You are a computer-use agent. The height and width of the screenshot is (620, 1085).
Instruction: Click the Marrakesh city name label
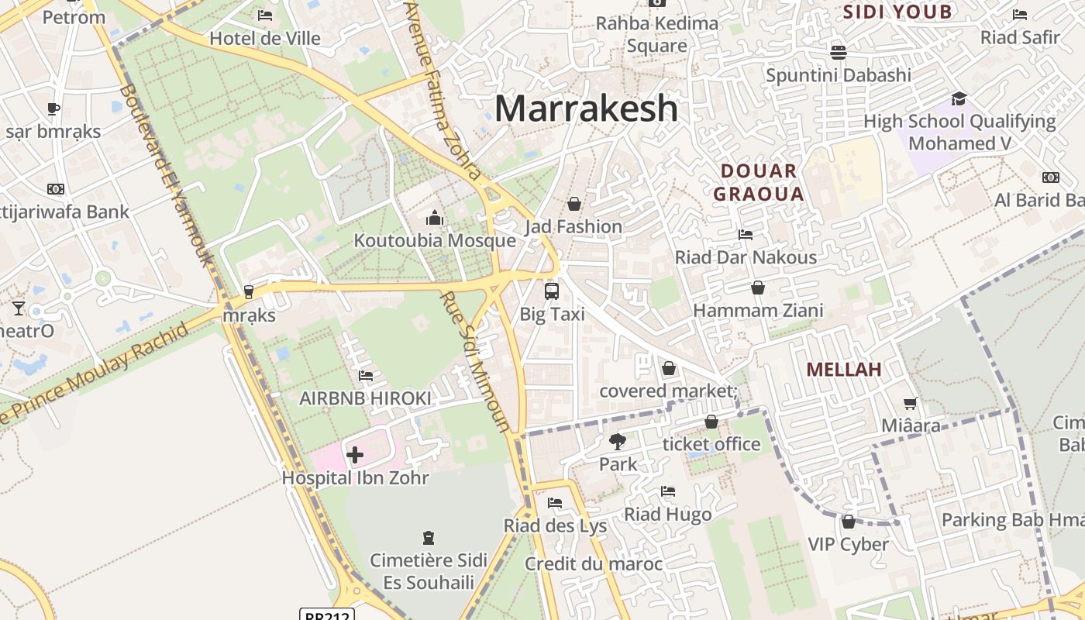(x=586, y=108)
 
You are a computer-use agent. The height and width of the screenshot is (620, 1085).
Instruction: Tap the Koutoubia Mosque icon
(x=435, y=219)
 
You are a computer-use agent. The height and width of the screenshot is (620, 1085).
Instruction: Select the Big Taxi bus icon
(x=552, y=291)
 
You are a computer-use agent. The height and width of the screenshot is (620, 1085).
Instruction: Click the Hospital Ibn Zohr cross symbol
(x=355, y=455)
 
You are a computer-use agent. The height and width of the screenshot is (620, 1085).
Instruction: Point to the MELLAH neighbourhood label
(x=844, y=370)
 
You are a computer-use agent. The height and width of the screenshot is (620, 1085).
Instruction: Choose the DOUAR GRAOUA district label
(x=758, y=182)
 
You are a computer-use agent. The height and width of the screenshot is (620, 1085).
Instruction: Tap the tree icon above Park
(x=618, y=442)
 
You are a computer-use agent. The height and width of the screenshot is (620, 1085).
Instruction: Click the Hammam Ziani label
(x=758, y=311)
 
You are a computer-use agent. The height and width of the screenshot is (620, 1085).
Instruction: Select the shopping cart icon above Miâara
(x=911, y=403)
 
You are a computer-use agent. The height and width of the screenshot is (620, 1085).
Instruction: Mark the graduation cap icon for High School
(x=959, y=98)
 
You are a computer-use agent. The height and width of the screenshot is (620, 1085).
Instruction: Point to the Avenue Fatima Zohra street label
(x=444, y=89)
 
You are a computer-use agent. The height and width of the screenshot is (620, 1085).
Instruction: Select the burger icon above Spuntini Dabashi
(x=838, y=53)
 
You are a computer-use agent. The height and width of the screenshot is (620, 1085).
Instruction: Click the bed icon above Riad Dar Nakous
(x=746, y=235)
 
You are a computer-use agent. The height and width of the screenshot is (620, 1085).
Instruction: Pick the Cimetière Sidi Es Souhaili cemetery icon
(x=428, y=537)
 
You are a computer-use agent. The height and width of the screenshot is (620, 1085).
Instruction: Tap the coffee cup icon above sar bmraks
(x=53, y=108)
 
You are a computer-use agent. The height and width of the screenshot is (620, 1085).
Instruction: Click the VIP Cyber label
(x=848, y=545)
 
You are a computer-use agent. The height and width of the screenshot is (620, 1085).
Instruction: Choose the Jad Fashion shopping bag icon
(x=574, y=204)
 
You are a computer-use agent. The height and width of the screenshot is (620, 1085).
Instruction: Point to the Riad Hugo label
(x=667, y=515)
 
